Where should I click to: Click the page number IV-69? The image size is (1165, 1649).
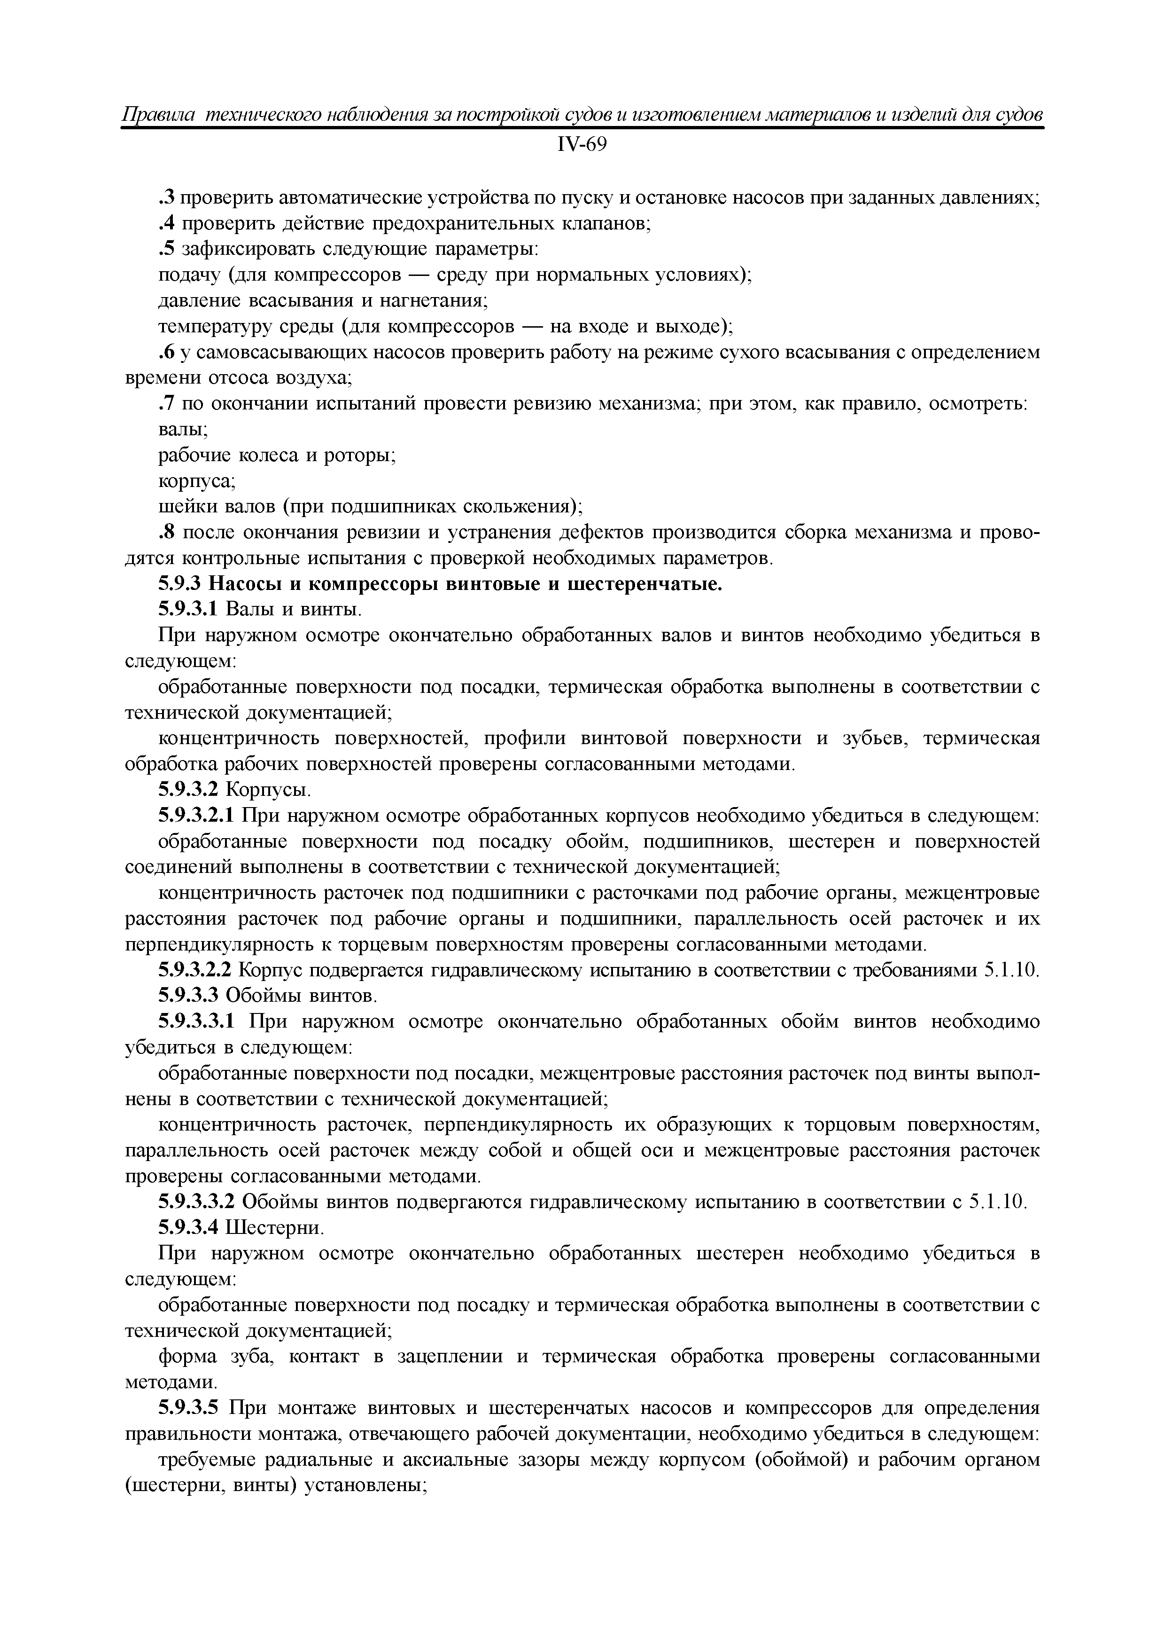pos(582,145)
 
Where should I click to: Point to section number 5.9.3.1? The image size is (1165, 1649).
pos(187,610)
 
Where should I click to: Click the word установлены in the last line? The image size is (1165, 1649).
pos(366,1485)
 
